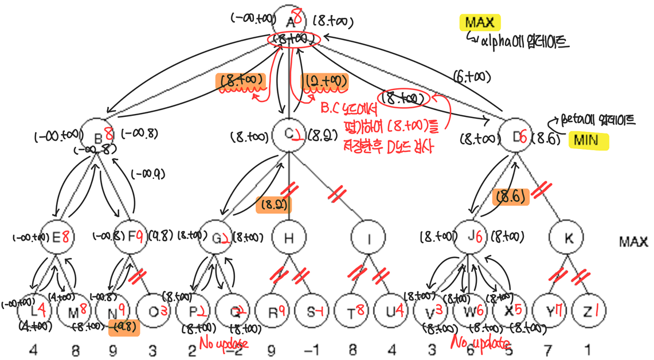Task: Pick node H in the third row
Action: [x=288, y=238]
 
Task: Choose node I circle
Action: [x=369, y=238]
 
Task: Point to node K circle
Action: [x=568, y=238]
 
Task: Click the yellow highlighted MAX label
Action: [x=479, y=22]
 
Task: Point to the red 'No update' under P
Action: [x=224, y=343]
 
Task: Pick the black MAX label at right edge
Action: [x=633, y=242]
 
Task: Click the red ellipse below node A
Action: [x=295, y=39]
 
